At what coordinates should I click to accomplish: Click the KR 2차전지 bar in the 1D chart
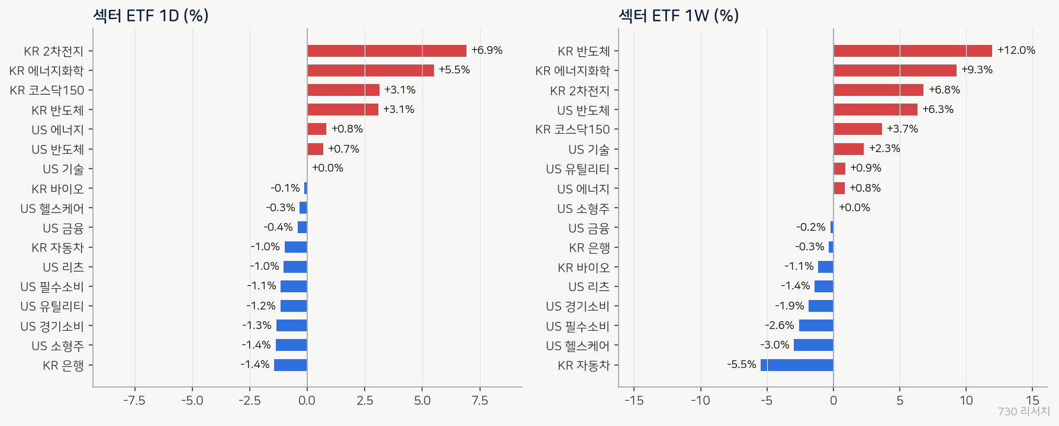tap(387, 51)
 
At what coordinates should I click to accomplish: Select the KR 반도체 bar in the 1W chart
tap(913, 51)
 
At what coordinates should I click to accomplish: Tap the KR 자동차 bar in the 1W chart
tap(797, 365)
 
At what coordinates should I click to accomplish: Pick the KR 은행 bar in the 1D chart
tap(291, 365)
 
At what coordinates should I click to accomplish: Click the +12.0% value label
tap(1016, 50)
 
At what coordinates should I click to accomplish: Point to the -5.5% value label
tap(742, 364)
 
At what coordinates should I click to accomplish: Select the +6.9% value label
tap(487, 50)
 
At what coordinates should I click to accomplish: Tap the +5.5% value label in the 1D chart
tap(454, 70)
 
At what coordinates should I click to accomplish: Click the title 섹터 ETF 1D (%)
tap(151, 15)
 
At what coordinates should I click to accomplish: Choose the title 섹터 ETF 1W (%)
tap(679, 15)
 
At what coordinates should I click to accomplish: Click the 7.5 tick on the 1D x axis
tap(479, 401)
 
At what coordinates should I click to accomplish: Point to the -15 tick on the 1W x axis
tap(634, 401)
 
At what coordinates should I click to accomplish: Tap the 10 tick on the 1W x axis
tap(966, 401)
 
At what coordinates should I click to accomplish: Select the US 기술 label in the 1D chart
tap(63, 169)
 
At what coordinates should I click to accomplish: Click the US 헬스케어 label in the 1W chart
tap(578, 346)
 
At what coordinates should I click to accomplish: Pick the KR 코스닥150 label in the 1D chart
tap(47, 91)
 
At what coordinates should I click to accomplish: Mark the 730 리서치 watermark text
tap(1023, 411)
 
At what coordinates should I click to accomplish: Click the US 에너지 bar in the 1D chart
tap(317, 129)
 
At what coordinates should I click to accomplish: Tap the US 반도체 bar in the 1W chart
tap(875, 109)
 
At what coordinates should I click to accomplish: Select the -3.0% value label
tap(775, 345)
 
